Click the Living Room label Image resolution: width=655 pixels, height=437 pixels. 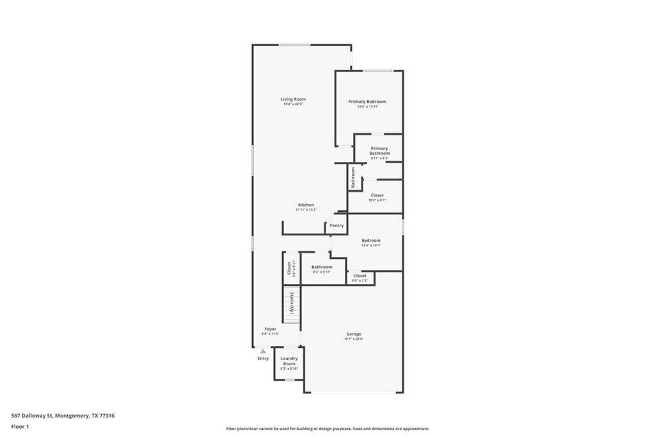293,99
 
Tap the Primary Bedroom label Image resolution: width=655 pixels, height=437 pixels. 367,102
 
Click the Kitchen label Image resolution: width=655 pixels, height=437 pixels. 306,205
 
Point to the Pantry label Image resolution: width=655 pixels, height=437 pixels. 336,225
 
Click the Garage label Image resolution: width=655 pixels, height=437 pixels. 354,334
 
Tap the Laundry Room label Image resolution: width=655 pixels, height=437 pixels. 289,362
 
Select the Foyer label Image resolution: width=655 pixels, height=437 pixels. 271,329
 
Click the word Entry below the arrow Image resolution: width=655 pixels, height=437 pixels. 263,358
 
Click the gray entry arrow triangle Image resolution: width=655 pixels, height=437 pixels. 263,351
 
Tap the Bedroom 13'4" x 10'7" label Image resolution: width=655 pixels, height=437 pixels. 371,241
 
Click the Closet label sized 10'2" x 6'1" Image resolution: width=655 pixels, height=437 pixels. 377,195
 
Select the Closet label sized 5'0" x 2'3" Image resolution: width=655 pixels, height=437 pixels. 359,276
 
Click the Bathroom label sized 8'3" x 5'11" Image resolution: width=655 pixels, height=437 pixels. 322,267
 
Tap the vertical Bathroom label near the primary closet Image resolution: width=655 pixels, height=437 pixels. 352,177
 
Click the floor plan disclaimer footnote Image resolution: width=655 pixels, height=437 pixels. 327,429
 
